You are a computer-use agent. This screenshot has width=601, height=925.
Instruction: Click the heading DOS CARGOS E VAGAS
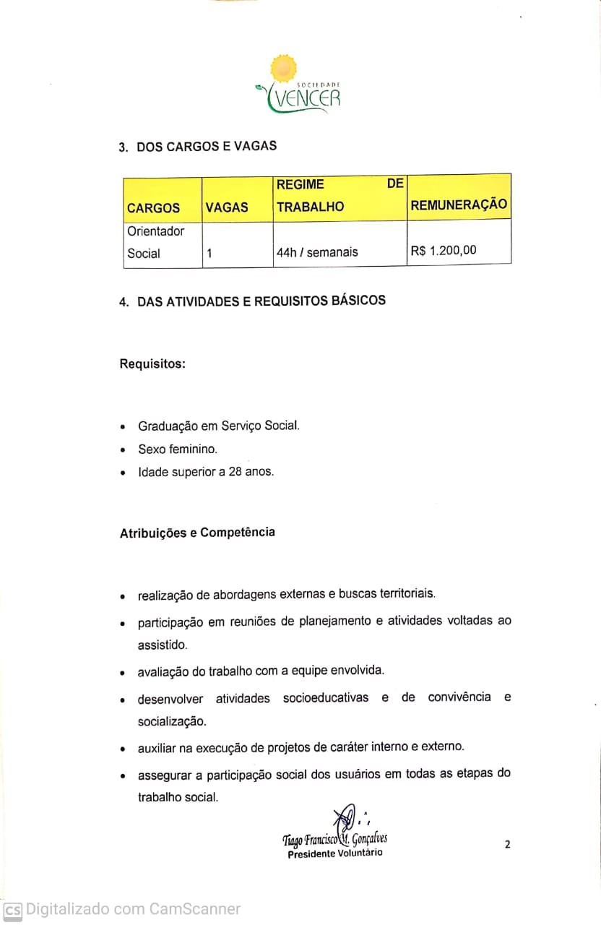(207, 146)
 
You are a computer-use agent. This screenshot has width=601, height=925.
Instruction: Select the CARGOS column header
(153, 208)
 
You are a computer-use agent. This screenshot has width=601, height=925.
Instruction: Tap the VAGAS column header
(226, 208)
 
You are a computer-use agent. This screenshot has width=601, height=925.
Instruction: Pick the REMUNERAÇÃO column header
(459, 205)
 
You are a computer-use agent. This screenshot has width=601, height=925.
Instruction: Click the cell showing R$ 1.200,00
(444, 251)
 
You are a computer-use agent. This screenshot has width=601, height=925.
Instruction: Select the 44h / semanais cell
(317, 253)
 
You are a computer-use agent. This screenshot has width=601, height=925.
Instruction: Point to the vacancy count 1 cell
(209, 254)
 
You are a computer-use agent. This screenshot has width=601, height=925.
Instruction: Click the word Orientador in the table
(155, 232)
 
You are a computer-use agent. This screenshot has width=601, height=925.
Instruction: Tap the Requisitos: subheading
(152, 363)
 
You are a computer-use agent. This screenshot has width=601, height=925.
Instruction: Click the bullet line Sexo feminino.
(178, 449)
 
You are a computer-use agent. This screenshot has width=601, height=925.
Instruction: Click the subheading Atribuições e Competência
(197, 533)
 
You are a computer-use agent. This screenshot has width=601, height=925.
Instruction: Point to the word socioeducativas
(326, 698)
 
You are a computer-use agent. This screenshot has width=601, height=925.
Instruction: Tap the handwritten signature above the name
(347, 819)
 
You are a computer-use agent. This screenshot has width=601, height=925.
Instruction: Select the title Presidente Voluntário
(335, 853)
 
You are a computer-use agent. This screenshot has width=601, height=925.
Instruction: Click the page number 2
(507, 844)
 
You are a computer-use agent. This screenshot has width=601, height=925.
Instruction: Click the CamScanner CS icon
(12, 910)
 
